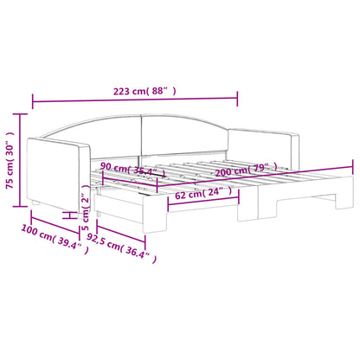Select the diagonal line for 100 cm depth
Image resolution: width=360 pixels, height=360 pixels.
[x=43, y=235]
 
